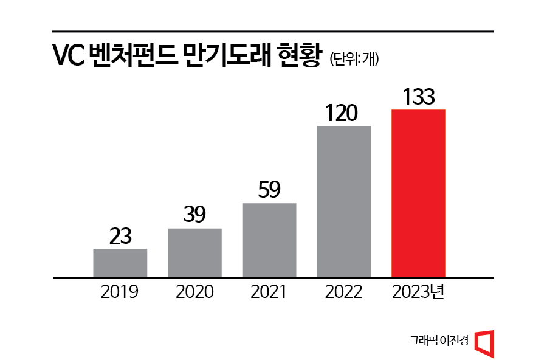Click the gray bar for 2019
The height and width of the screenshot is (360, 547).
(x=120, y=263)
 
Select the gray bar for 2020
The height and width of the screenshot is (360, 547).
(x=194, y=252)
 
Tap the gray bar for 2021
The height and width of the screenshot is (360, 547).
(x=269, y=240)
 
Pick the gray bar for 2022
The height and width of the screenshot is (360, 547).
(x=344, y=201)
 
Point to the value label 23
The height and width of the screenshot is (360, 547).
(x=120, y=236)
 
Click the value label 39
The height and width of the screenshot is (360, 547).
(x=194, y=215)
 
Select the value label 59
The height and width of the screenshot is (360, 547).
(x=269, y=190)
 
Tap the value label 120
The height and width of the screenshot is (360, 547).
(x=344, y=113)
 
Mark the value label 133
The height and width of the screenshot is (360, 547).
(x=418, y=97)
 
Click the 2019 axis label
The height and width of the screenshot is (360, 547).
(x=120, y=292)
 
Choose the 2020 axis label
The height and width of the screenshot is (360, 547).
(x=194, y=292)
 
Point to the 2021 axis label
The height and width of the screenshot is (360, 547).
(x=269, y=292)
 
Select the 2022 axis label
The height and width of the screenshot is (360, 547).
(x=344, y=292)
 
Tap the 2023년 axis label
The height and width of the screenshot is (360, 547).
(x=418, y=292)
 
